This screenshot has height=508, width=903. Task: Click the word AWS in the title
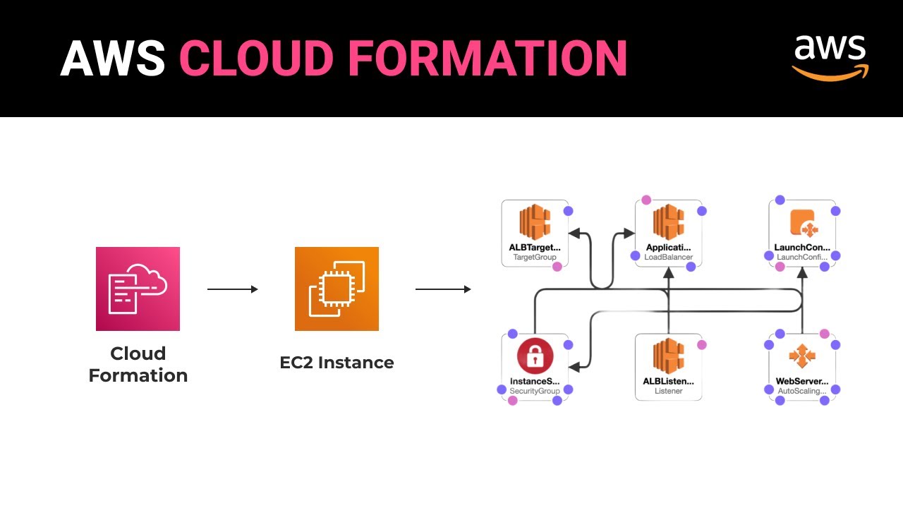112,58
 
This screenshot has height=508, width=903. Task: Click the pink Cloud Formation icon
138,289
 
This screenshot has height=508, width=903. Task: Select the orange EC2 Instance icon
337,289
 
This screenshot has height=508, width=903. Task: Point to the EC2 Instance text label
337,363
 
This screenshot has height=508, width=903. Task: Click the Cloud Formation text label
138,364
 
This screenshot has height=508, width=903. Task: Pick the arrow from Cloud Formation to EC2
232,289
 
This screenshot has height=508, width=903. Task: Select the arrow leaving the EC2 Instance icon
443,289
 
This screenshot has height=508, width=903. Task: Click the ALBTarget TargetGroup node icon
535,222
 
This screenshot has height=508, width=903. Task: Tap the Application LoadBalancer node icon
668,222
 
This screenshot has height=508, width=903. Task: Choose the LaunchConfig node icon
802,222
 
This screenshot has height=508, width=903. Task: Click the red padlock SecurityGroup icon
535,356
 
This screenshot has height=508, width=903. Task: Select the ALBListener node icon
668,356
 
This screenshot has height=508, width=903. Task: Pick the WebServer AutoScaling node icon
802,356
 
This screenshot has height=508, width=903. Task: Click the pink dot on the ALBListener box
701,345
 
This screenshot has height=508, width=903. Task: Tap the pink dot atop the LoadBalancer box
646,200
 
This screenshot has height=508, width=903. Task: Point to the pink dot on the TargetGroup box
557,267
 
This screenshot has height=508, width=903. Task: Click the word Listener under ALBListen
668,391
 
